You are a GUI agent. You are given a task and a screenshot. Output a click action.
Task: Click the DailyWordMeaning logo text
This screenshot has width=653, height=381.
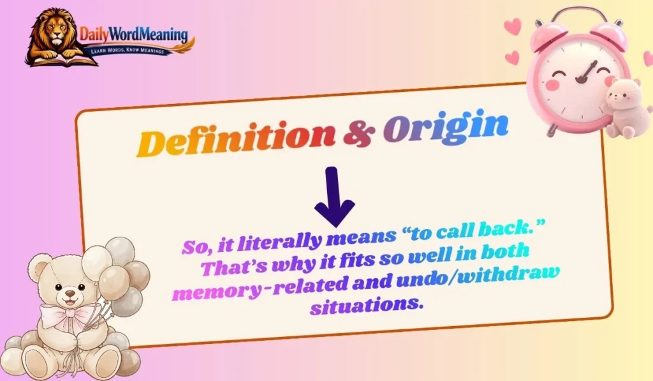click(x=133, y=34)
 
